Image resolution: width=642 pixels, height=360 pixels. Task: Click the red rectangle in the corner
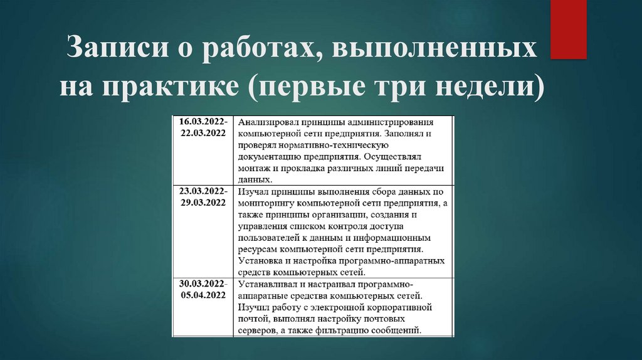click(568, 30)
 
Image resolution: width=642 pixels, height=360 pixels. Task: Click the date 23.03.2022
click(203, 191)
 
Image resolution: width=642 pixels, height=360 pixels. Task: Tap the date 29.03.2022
click(201, 202)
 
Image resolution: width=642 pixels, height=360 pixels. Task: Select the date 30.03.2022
click(203, 283)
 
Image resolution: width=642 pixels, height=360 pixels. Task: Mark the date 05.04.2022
click(201, 295)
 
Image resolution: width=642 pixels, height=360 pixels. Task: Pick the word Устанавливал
click(266, 284)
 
